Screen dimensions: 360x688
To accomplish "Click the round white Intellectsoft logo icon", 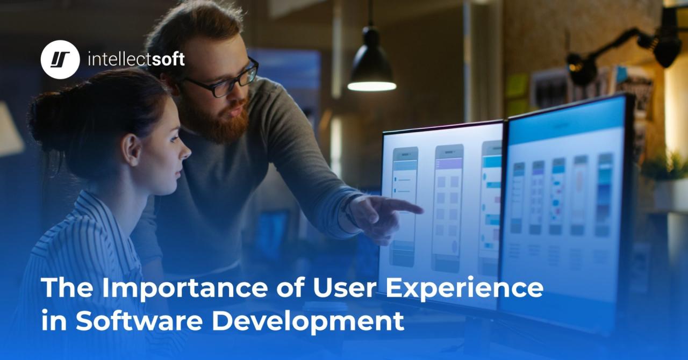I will click(x=60, y=60).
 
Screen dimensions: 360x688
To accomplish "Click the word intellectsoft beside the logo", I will click(x=136, y=59).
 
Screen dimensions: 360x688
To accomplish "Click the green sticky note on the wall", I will click(x=516, y=86).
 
